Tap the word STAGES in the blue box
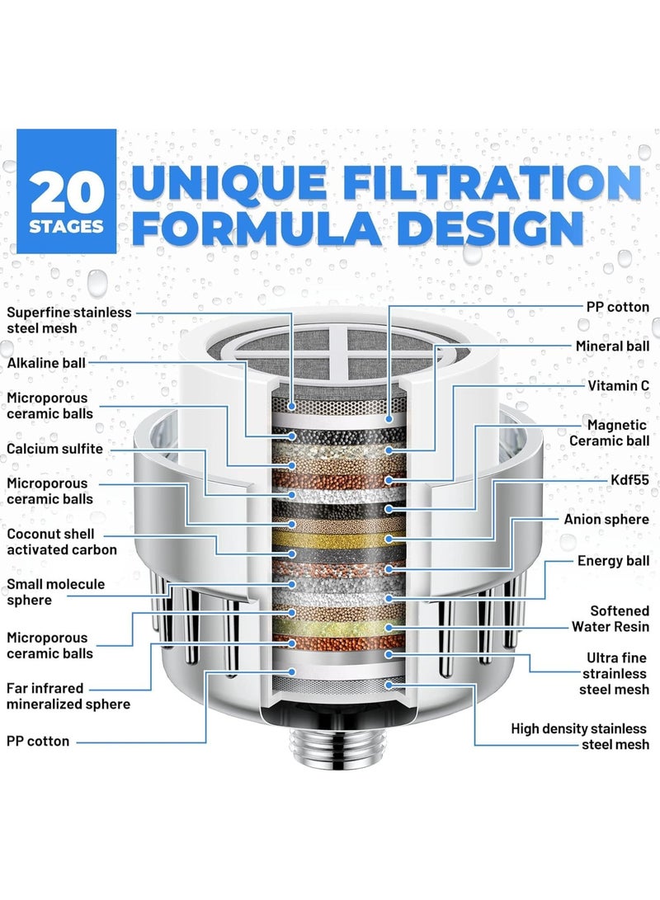click(x=69, y=225)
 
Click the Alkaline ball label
click(x=46, y=362)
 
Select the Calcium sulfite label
click(x=55, y=449)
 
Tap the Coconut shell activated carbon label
click(x=62, y=541)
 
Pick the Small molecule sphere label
click(x=56, y=591)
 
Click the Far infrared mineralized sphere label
click(x=68, y=695)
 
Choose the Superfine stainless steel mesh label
click(x=69, y=320)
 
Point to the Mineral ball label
click(x=612, y=346)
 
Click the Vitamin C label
click(x=618, y=385)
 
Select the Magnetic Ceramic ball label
click(x=609, y=432)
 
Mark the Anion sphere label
click(x=606, y=520)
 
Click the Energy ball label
click(x=613, y=561)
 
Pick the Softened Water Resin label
click(x=608, y=619)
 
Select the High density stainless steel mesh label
click(x=580, y=737)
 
